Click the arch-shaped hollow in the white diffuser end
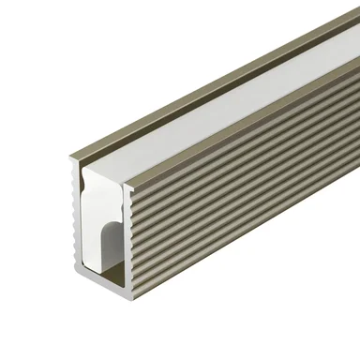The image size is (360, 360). (112, 246)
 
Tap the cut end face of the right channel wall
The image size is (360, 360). (130, 216)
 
